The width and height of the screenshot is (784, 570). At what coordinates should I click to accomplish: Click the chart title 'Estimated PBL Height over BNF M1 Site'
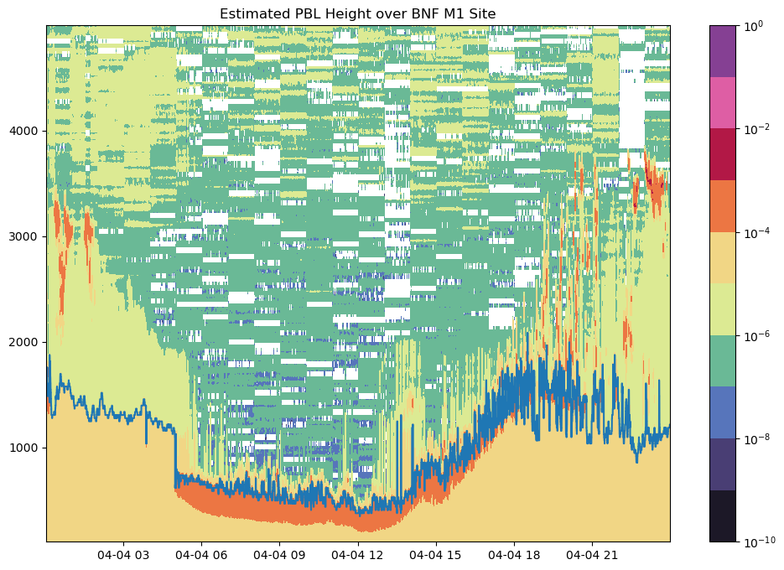click(358, 13)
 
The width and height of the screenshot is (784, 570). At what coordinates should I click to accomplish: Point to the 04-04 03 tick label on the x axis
click(123, 555)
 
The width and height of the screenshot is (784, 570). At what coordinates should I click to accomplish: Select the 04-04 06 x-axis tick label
click(201, 555)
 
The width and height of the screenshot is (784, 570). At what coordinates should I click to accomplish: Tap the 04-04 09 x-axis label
click(279, 555)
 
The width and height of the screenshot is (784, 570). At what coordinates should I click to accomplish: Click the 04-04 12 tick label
click(358, 555)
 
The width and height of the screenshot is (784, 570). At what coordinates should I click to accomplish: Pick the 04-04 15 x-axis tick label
click(436, 555)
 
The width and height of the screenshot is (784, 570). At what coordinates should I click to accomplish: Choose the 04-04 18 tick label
click(514, 555)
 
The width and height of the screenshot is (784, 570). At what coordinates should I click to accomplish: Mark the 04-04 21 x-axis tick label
click(593, 555)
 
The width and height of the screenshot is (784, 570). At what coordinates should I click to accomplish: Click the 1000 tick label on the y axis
click(28, 448)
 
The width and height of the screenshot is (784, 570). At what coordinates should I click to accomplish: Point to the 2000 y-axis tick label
click(28, 342)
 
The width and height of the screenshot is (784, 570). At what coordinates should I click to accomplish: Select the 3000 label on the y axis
click(28, 236)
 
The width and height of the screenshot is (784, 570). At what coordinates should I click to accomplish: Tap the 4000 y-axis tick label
click(28, 131)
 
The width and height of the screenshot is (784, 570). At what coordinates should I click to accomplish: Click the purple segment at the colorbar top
click(723, 51)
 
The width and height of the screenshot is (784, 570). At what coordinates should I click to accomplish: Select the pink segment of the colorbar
click(723, 103)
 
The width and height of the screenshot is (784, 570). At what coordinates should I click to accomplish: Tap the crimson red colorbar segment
click(723, 154)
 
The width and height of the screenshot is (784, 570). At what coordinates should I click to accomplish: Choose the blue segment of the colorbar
click(723, 412)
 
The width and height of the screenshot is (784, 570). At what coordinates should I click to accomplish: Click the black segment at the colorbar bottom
click(723, 516)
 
